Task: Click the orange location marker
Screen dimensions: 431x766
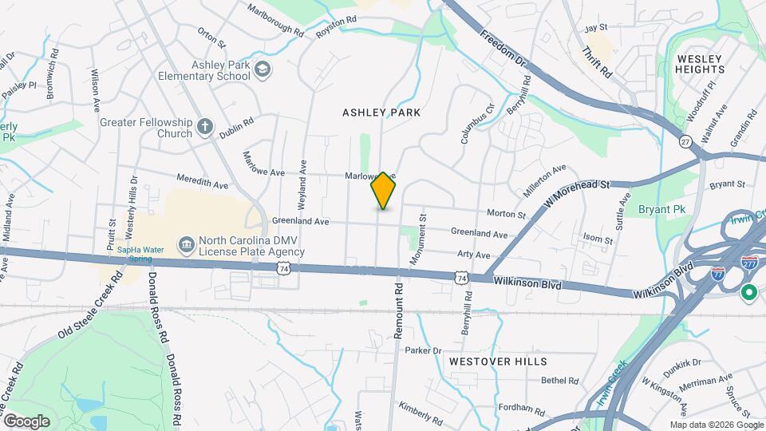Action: point(384,191)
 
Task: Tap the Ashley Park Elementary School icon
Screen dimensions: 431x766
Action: point(261,71)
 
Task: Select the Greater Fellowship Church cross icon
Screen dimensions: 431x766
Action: point(205,126)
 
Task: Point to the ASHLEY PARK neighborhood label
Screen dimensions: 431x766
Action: point(381,113)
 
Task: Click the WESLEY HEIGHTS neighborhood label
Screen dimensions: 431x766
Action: point(700,64)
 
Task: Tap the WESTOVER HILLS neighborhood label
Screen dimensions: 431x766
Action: point(497,362)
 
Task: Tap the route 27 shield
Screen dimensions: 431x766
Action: point(685,141)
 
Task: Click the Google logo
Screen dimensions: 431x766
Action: point(26,421)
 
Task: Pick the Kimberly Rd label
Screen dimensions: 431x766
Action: point(421,413)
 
